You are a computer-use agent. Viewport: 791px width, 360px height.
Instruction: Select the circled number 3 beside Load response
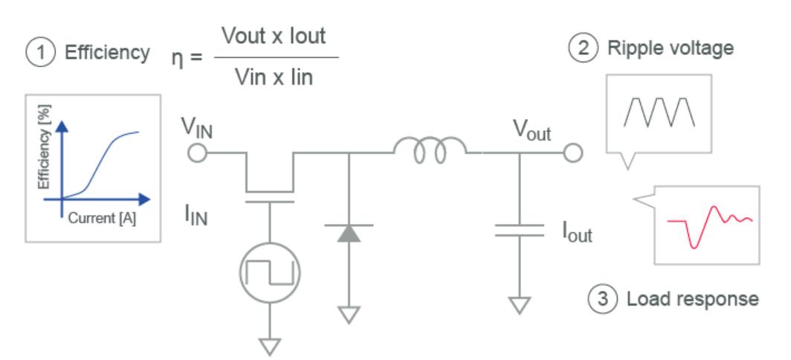[x=601, y=299]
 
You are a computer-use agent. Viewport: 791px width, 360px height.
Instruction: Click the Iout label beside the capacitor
[x=575, y=237]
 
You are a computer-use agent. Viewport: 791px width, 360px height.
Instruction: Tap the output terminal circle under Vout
[x=572, y=153]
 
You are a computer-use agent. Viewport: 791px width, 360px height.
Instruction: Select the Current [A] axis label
[x=101, y=221]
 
